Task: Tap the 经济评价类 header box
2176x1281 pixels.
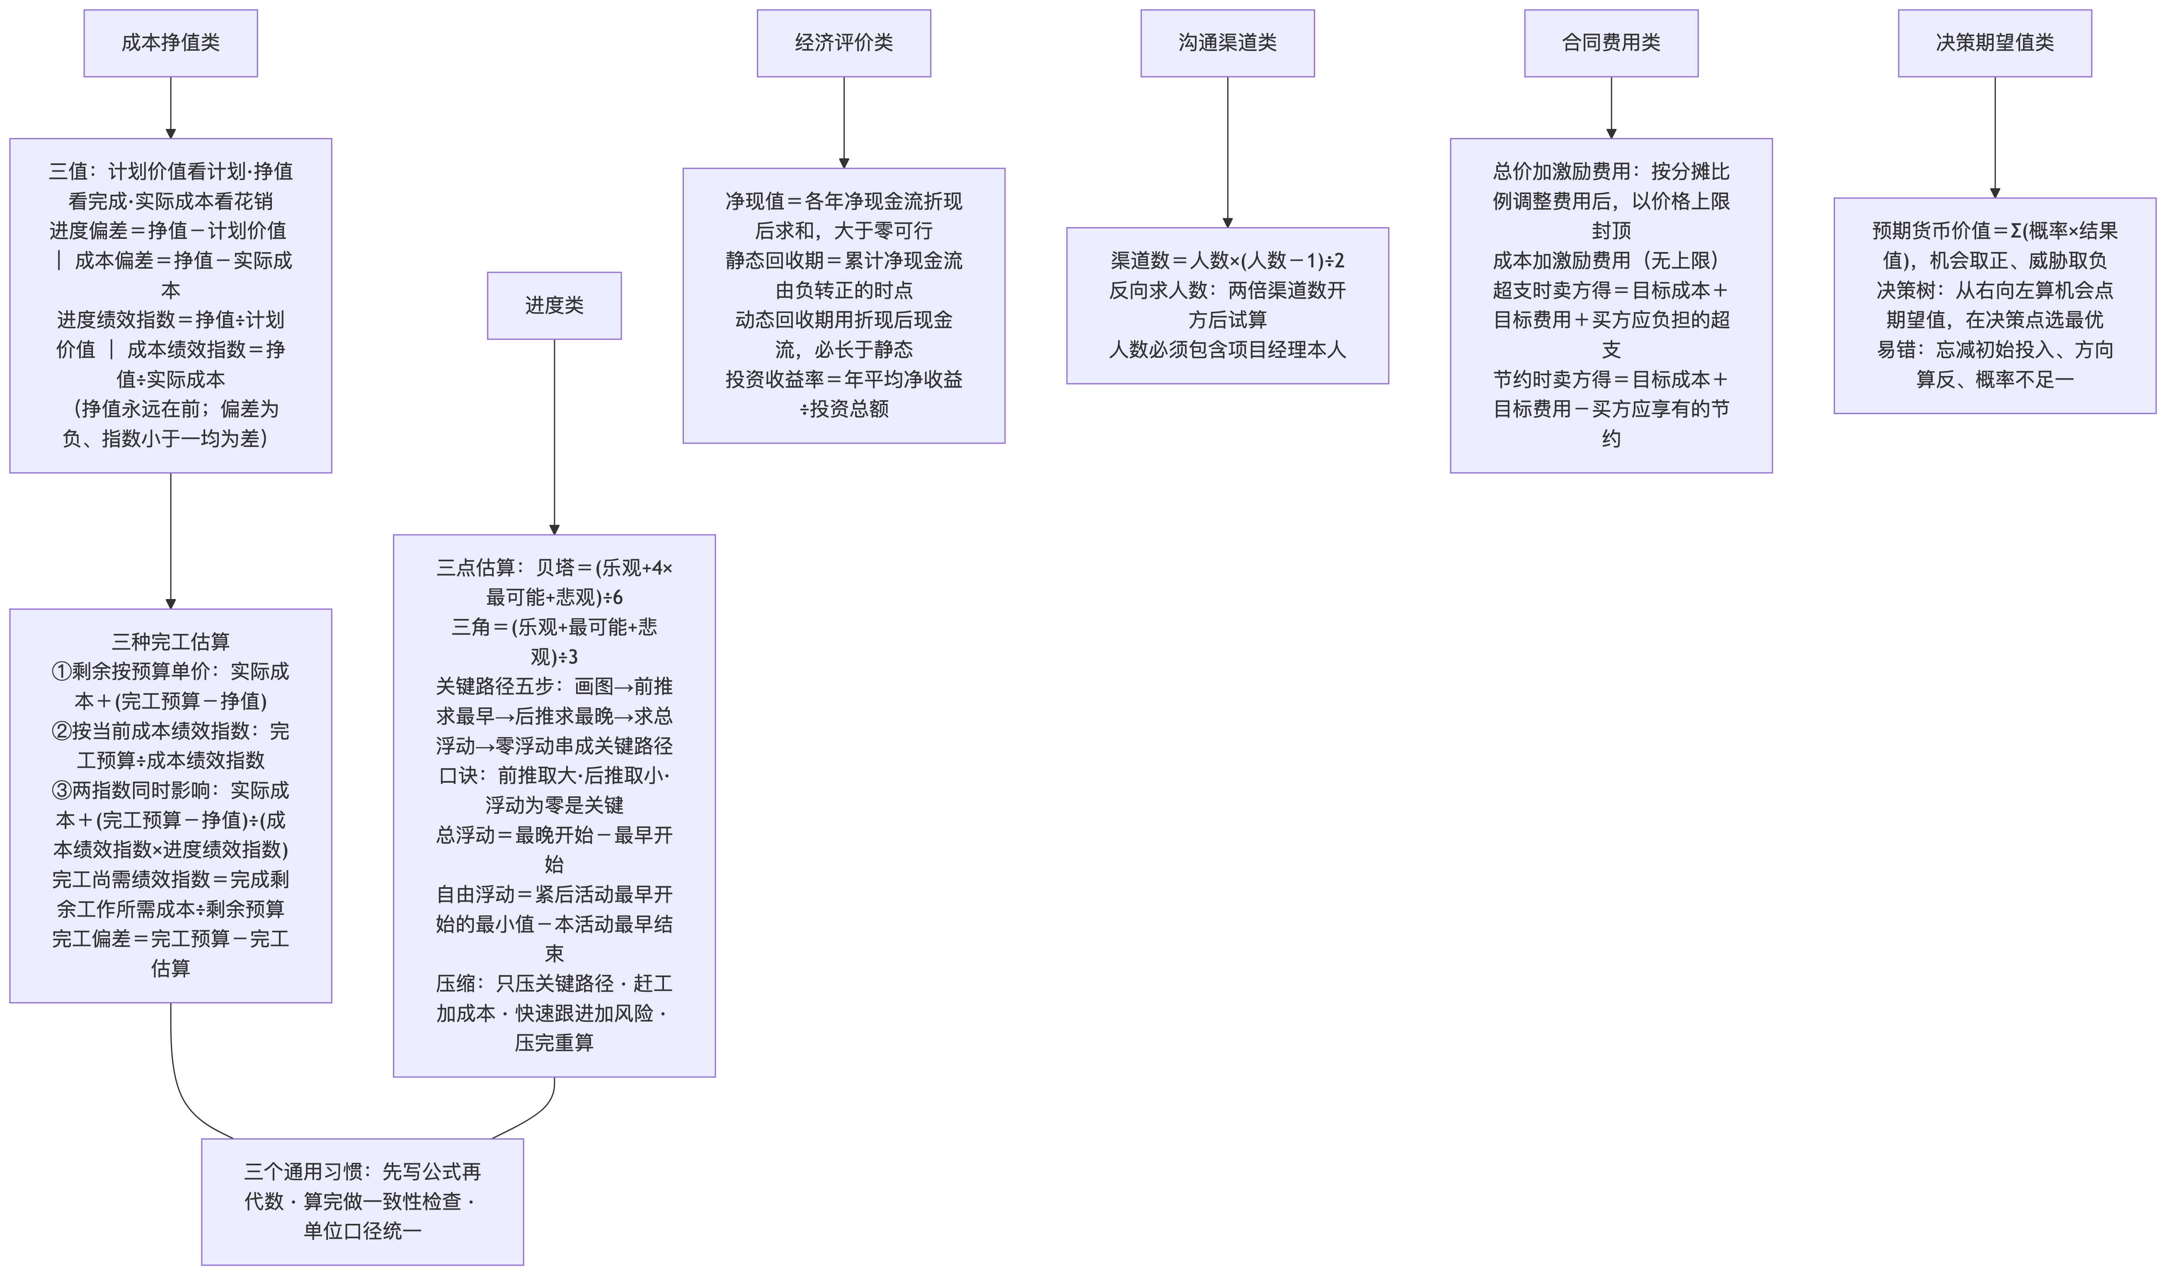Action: (843, 43)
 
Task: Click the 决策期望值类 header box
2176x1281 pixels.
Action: (1994, 43)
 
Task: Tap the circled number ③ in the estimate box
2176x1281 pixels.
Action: (61, 791)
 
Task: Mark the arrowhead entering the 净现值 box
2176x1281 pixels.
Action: (843, 163)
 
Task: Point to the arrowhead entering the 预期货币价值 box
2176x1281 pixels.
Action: (1994, 193)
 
